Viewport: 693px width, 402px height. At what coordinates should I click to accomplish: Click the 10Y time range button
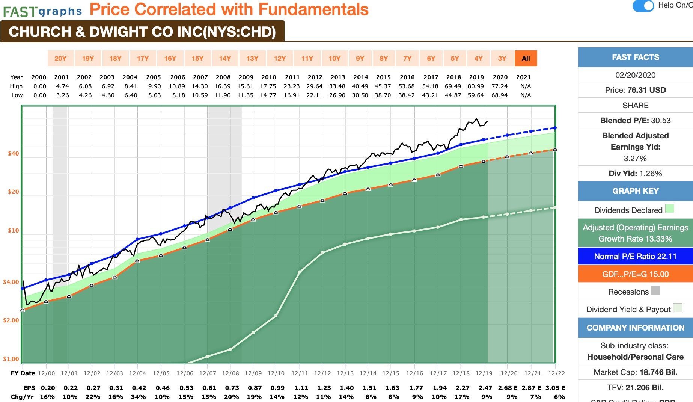click(x=334, y=58)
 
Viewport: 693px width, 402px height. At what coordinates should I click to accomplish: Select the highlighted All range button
click(x=526, y=58)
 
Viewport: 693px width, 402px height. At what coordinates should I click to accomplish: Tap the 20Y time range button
click(x=60, y=58)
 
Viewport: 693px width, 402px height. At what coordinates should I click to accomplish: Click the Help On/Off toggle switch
click(x=643, y=6)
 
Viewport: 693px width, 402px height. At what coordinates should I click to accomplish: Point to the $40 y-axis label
click(x=13, y=153)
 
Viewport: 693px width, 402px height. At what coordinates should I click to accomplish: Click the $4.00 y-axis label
click(x=11, y=282)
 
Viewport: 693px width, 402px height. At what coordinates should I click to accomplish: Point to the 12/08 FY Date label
click(x=230, y=373)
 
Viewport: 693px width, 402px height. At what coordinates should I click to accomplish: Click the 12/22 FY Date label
click(x=556, y=373)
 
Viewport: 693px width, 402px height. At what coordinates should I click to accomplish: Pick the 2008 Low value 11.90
click(x=223, y=95)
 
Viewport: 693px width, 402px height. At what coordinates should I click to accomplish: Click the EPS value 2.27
click(x=463, y=388)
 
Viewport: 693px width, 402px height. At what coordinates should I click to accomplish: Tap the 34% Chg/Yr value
click(x=138, y=397)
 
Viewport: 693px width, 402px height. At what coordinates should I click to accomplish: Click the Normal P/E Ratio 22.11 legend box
click(x=635, y=257)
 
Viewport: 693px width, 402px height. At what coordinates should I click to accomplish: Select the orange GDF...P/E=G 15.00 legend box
click(x=635, y=274)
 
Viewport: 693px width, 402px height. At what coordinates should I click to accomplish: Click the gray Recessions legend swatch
click(x=655, y=290)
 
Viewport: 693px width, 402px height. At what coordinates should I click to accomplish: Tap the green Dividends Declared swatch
click(x=669, y=209)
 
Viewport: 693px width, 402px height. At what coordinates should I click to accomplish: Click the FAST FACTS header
click(x=635, y=57)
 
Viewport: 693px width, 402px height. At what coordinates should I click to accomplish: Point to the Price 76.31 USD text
click(x=635, y=90)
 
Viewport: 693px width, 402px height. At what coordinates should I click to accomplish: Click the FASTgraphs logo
click(x=42, y=11)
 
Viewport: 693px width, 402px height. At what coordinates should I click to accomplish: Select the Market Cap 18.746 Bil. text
click(x=635, y=372)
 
